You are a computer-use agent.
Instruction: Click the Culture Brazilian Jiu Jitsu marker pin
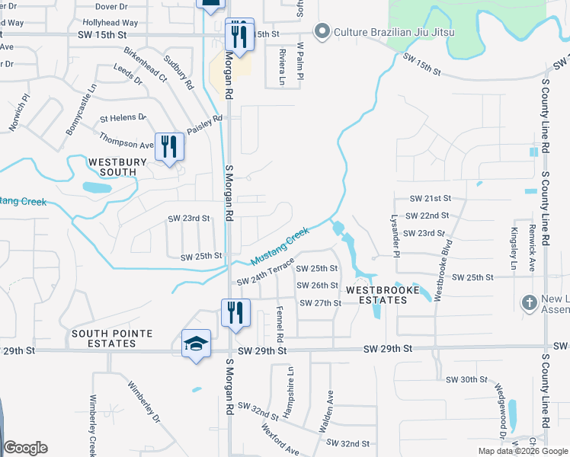click(x=322, y=31)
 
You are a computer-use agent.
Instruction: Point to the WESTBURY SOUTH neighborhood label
click(x=112, y=167)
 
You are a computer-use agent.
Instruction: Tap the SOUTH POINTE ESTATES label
click(x=112, y=338)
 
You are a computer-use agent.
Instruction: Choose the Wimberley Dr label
click(x=145, y=402)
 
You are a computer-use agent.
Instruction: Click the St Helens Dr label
click(x=123, y=117)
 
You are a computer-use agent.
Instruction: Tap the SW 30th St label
click(x=466, y=379)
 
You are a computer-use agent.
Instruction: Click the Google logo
click(x=25, y=448)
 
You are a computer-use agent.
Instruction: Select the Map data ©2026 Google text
click(x=522, y=451)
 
